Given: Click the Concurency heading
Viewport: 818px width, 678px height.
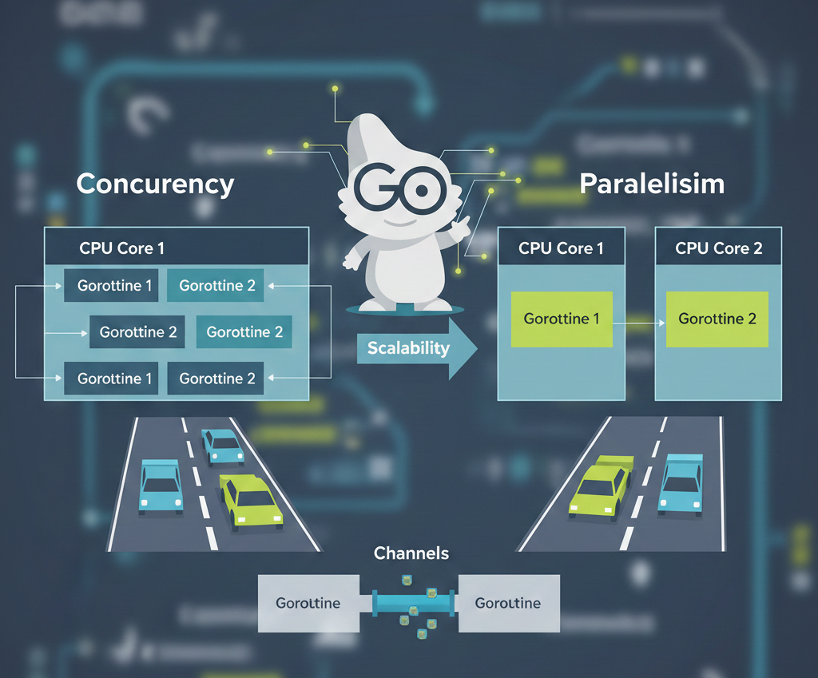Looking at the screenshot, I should (155, 184).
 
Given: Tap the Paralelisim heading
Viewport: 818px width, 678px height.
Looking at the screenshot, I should (652, 184).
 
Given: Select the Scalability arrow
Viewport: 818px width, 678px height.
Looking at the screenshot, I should (415, 348).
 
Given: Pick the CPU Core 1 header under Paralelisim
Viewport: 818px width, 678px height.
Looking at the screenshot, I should (561, 248).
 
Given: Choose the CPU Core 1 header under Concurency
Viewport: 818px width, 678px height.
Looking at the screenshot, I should (121, 248).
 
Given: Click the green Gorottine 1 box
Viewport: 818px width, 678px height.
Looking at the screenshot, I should (562, 319).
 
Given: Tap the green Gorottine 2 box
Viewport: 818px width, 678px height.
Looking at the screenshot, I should (717, 319).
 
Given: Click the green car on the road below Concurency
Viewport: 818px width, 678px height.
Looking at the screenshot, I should (251, 501).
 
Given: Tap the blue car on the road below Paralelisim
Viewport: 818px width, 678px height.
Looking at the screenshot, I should (681, 483).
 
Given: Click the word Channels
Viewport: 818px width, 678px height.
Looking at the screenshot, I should (411, 553).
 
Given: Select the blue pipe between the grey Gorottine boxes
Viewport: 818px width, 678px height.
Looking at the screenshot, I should (412, 602).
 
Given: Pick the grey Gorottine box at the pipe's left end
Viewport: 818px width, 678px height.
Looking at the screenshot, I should (308, 603).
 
